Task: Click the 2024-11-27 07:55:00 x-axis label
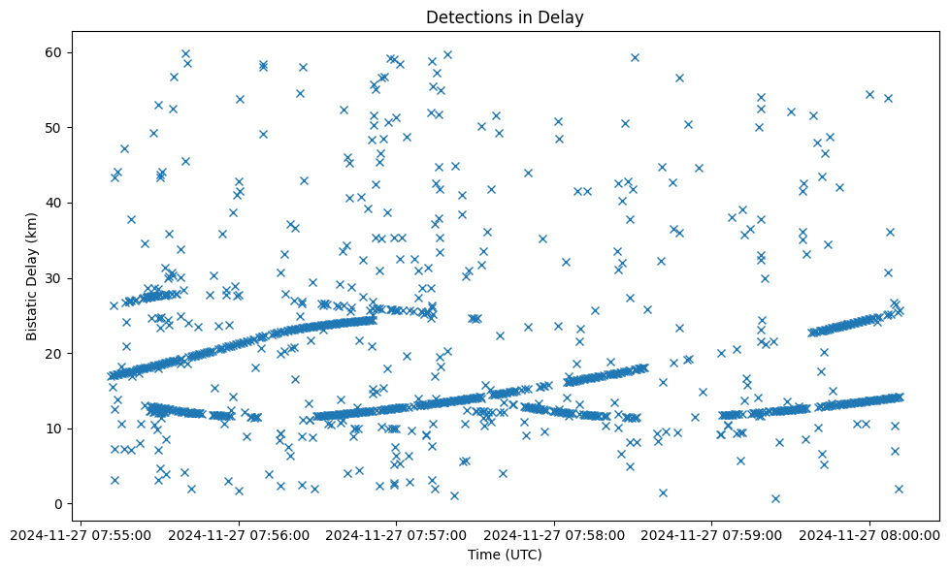82,534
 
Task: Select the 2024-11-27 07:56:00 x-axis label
240,534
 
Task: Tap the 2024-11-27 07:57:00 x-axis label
397,534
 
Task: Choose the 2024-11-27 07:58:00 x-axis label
555,534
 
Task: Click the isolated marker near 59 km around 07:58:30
635,57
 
